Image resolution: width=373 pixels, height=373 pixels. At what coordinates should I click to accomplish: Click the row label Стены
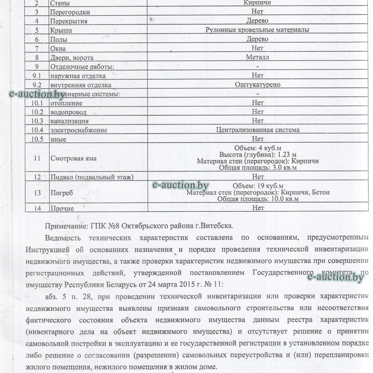pos(60,3)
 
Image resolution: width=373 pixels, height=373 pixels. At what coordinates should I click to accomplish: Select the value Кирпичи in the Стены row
pos(257,3)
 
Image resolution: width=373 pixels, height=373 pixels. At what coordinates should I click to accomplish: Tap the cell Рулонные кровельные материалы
pos(257,30)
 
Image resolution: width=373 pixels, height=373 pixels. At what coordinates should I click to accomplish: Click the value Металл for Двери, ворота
pos(257,57)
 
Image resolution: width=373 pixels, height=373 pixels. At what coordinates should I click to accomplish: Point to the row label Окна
pos(58,49)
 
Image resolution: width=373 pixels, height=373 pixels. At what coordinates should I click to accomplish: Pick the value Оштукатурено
pos(258,85)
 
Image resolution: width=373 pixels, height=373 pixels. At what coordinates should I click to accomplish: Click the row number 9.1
pos(37,76)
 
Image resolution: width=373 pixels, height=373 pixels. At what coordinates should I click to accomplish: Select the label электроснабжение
pos(79,130)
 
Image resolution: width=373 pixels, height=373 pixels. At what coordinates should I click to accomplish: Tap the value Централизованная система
pos(258,130)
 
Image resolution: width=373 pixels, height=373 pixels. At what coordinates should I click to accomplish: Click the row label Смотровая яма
pos(73,158)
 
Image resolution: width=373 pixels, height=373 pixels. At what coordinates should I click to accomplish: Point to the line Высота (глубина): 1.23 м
pos(258,154)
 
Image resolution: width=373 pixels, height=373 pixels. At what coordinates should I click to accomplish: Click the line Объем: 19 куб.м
pos(258,186)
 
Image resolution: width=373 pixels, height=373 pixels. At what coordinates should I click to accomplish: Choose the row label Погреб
pos(62,193)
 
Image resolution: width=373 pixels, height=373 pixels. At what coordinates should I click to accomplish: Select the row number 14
pos(37,208)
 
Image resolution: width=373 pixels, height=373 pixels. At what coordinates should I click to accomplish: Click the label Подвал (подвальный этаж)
pos(92,177)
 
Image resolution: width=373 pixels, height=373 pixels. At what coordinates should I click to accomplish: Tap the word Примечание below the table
pos(65,226)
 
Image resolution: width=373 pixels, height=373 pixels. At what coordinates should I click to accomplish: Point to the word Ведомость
pos(63,238)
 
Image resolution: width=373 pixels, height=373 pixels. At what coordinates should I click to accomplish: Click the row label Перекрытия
pos(68,21)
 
